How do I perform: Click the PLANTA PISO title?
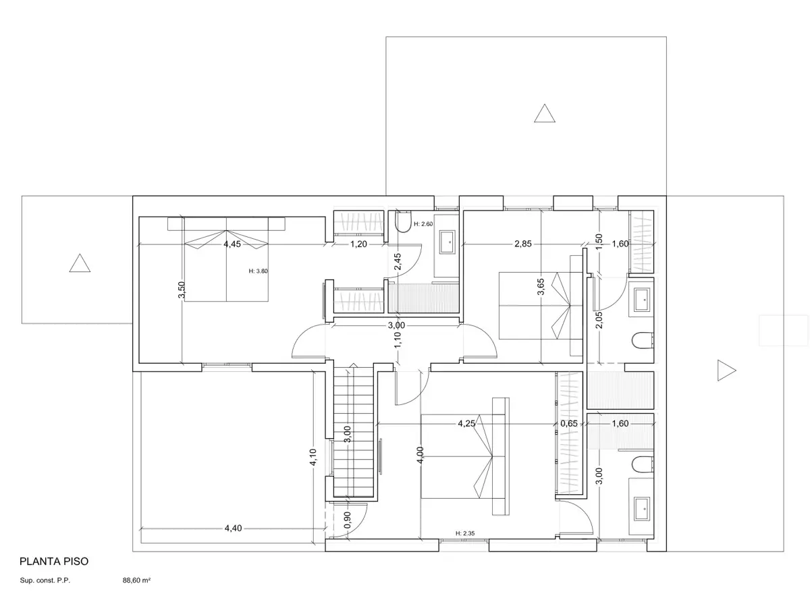pyautogui.click(x=54, y=561)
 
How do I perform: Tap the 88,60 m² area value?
pyautogui.click(x=136, y=581)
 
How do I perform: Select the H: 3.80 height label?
pyautogui.click(x=258, y=271)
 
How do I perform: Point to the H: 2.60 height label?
pyautogui.click(x=423, y=224)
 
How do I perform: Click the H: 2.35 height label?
pyautogui.click(x=465, y=533)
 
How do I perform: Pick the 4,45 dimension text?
pyautogui.click(x=232, y=244)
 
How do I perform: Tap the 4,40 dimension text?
pyautogui.click(x=234, y=528)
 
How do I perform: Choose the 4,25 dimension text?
pyautogui.click(x=466, y=423)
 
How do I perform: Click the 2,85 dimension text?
pyautogui.click(x=523, y=244)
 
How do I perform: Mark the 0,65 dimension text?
pyautogui.click(x=569, y=423)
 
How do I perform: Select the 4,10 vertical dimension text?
pyautogui.click(x=313, y=457)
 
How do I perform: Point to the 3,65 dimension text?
pyautogui.click(x=541, y=286)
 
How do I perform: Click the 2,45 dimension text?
pyautogui.click(x=398, y=261)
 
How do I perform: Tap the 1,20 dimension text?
pyautogui.click(x=358, y=244)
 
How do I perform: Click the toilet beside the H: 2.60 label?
pyautogui.click(x=403, y=221)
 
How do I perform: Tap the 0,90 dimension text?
pyautogui.click(x=347, y=520)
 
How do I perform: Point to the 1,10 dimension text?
pyautogui.click(x=398, y=340)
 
